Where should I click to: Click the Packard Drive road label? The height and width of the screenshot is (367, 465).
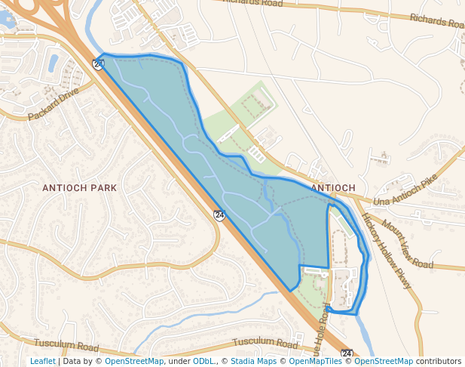tap(54, 105)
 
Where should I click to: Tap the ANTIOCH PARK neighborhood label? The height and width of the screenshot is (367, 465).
tap(79, 187)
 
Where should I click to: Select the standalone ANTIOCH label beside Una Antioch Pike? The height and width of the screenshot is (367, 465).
tap(332, 187)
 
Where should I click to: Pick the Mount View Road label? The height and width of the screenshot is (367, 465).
tap(407, 244)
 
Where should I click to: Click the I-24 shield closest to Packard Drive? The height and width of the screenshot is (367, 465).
tap(98, 64)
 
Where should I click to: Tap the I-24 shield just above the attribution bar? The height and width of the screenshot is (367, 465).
tap(347, 353)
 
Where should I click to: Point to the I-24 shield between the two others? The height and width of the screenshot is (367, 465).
tap(219, 215)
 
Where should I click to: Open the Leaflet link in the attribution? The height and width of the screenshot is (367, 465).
tap(43, 361)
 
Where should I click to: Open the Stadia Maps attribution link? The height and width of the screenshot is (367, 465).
tap(254, 361)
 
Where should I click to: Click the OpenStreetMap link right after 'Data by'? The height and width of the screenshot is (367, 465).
tap(133, 361)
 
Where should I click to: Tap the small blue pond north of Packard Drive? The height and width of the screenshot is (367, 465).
tap(53, 62)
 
